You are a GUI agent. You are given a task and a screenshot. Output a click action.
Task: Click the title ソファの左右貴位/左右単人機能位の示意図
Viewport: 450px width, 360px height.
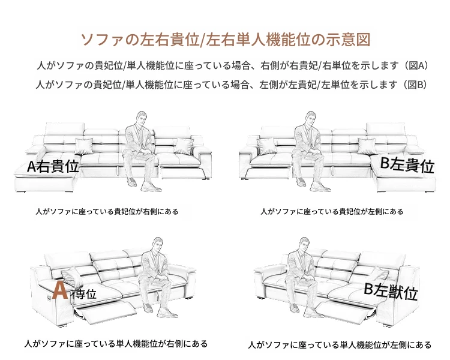[x=226, y=40]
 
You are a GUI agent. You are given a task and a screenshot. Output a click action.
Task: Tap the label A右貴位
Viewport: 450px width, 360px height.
[x=53, y=166]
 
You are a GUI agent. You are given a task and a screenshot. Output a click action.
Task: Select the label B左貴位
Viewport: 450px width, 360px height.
[x=407, y=165]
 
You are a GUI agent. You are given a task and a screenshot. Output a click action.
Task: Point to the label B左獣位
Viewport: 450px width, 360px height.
[x=391, y=292]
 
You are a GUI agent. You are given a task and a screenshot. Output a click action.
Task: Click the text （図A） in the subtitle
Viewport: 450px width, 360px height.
[x=416, y=65]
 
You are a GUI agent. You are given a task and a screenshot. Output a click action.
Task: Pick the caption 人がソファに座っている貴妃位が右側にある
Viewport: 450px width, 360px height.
[x=107, y=212]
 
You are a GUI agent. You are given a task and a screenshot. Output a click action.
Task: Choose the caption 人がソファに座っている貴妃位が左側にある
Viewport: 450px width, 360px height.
[x=332, y=212]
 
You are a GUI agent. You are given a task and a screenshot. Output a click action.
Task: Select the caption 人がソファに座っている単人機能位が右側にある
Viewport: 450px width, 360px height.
[x=116, y=344]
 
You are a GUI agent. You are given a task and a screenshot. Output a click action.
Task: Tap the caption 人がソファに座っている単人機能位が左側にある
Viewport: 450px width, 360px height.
[x=340, y=344]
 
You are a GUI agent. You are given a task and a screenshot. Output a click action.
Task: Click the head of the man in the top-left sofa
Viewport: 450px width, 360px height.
[x=142, y=119]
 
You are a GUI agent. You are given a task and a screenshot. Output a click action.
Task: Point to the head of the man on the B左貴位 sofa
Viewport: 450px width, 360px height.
[x=310, y=119]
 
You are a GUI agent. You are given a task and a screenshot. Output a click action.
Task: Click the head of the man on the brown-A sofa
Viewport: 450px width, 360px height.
[x=157, y=244]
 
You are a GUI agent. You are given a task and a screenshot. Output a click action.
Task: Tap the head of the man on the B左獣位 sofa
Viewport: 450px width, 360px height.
[x=304, y=244]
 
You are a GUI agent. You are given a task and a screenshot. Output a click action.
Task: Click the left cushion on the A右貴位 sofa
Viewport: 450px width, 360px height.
[x=84, y=146]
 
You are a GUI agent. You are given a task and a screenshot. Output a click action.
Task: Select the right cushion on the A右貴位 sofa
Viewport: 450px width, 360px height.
[x=184, y=146]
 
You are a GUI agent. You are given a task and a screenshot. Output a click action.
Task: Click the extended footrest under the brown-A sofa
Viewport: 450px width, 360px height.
[x=106, y=311]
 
